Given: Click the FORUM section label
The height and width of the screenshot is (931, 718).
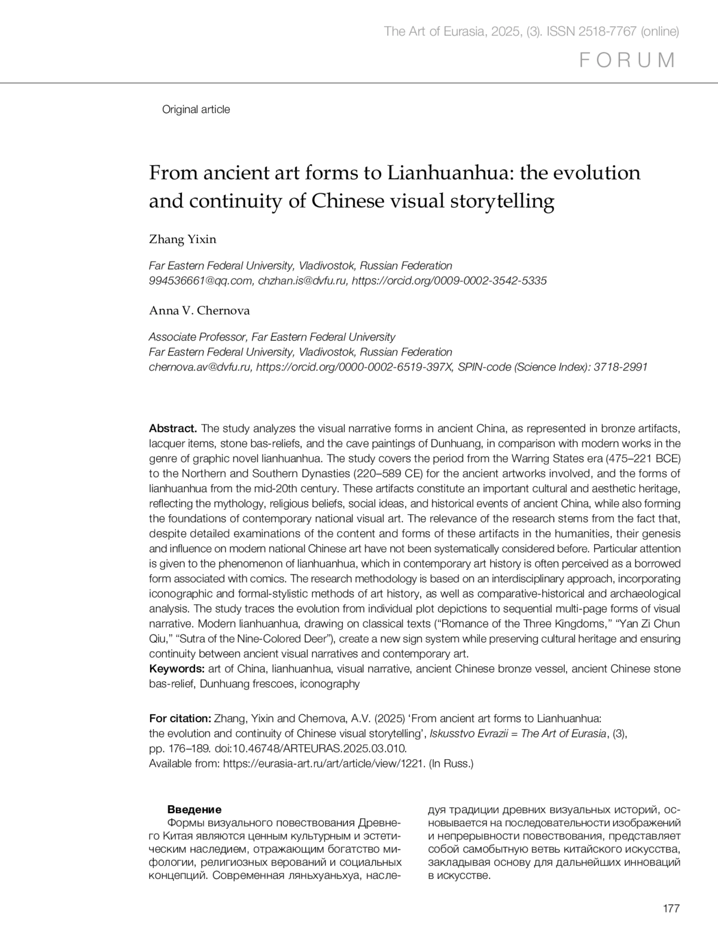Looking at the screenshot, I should click(628, 60).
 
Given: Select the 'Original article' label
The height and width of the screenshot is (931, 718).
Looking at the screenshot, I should click(196, 110).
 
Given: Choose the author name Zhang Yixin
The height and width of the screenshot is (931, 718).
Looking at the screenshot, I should click(182, 239).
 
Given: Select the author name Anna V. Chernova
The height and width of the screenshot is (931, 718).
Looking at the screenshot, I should click(199, 311).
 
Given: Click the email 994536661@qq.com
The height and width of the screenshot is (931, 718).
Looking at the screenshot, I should click(202, 281).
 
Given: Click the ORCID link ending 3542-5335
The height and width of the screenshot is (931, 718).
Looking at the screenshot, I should click(449, 281).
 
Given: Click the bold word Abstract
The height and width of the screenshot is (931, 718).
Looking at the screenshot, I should click(173, 429).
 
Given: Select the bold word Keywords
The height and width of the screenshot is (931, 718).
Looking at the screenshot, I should click(177, 669).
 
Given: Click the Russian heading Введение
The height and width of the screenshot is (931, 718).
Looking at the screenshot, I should click(194, 809).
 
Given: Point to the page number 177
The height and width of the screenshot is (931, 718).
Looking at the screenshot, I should click(671, 909).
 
